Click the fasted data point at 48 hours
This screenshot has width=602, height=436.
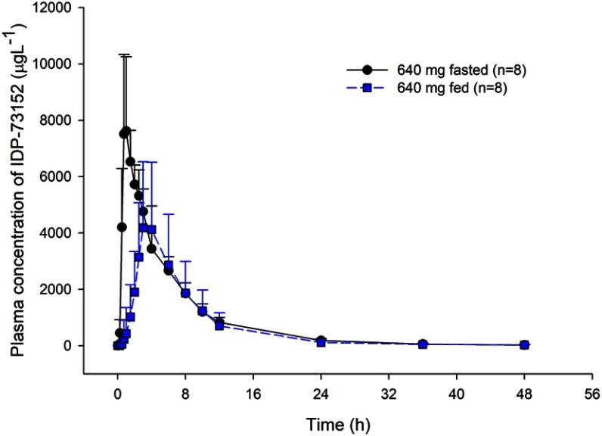524,344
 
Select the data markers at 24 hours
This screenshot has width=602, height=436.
321,341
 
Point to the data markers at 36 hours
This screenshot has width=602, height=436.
423,344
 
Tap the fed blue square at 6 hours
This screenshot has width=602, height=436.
169,265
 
